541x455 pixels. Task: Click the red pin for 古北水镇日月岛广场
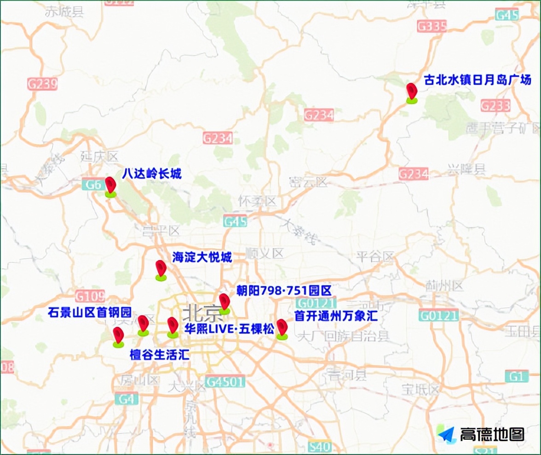coord(411,92)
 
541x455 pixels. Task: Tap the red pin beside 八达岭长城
coord(110,186)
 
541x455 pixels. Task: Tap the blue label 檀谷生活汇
coord(159,355)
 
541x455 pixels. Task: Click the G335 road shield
coord(432,26)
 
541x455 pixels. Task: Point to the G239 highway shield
coord(42,84)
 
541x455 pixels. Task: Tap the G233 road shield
coord(495,105)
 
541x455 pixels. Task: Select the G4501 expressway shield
coord(225,381)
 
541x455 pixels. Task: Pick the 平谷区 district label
coord(375,257)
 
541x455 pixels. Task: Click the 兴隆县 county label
coord(466,169)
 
